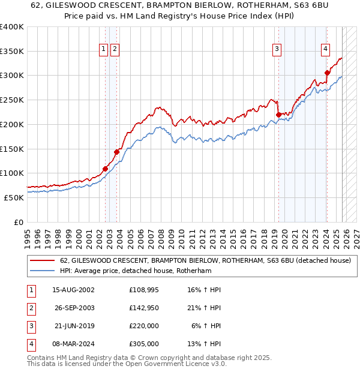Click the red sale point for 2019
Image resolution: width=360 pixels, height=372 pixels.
278,115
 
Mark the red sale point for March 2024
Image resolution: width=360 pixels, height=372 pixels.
327,73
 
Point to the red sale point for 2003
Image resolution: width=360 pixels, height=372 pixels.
116,152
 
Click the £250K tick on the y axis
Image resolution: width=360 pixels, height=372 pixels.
11,100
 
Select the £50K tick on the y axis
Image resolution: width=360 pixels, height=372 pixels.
13,197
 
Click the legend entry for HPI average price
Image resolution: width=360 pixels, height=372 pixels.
136,271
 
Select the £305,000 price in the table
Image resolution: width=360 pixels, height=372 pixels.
145,344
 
